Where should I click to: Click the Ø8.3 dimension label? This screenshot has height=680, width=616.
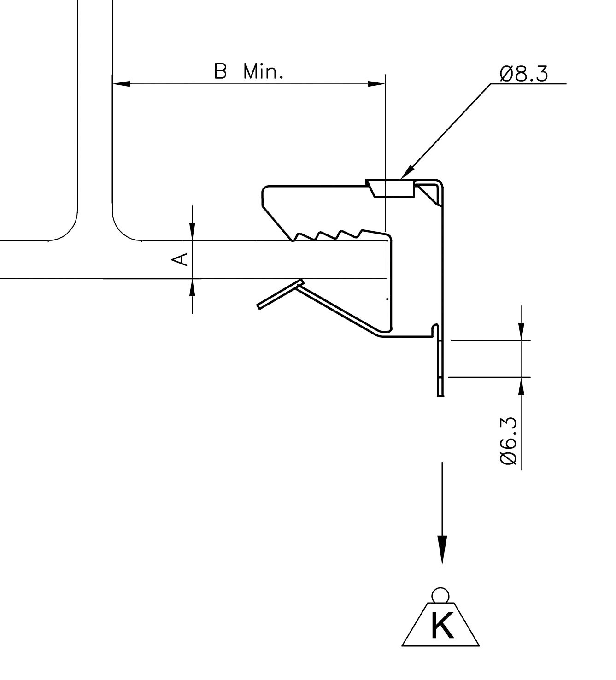click(524, 74)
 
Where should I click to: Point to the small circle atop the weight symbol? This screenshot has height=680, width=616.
click(440, 594)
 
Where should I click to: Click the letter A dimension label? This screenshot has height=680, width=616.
click(180, 259)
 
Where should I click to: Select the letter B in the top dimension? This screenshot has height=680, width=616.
click(221, 72)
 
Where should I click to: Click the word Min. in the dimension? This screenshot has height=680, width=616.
click(263, 72)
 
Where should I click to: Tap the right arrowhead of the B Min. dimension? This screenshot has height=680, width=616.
click(376, 84)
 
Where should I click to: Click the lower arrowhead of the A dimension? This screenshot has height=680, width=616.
click(193, 287)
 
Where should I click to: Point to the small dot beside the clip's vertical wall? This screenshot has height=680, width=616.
click(387, 299)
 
